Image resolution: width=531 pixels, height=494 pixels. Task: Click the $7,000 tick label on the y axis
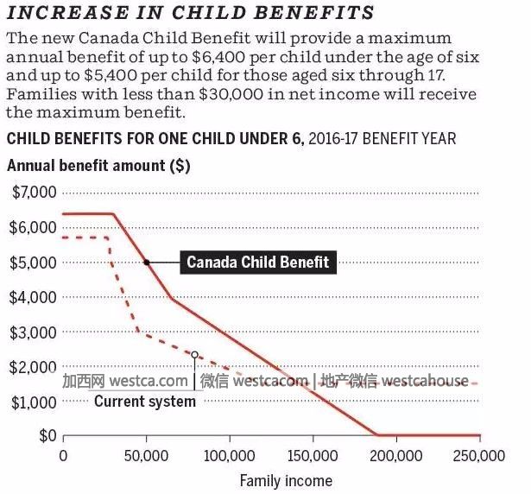click(35, 192)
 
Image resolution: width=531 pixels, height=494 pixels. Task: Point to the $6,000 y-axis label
click(35, 227)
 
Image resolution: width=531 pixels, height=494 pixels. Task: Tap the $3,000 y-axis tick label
click(35, 332)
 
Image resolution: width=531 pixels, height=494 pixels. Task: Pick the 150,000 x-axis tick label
click(312, 455)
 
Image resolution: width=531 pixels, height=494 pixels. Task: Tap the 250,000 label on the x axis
click(479, 455)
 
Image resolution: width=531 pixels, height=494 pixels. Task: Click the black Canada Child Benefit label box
click(258, 262)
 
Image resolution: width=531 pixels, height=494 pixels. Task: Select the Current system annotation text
click(145, 402)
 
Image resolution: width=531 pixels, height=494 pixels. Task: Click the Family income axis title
click(285, 480)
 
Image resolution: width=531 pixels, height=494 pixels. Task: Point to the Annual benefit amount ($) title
click(99, 164)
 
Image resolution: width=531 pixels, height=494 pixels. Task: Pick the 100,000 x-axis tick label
click(229, 455)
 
